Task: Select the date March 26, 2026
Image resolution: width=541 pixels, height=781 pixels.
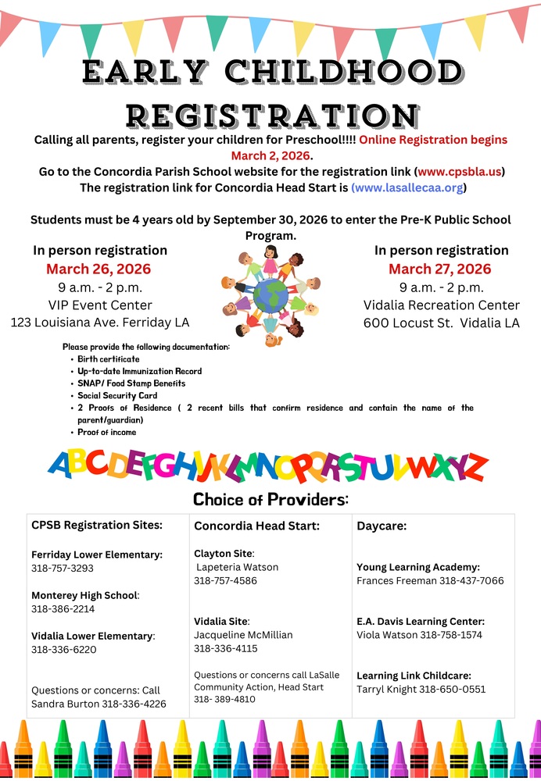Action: click(99, 269)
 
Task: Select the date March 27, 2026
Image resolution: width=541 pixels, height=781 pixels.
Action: click(440, 269)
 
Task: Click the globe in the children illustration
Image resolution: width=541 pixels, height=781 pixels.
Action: click(270, 298)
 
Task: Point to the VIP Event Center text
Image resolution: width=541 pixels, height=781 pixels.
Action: click(100, 305)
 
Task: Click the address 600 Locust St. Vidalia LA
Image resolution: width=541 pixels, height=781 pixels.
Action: click(441, 323)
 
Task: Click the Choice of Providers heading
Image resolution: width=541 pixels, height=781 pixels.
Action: click(270, 499)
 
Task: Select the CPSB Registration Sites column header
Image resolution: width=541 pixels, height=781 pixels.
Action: click(97, 526)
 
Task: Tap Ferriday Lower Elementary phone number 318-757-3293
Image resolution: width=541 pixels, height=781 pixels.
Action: click(63, 569)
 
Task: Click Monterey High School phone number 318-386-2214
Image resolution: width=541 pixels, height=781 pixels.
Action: click(63, 609)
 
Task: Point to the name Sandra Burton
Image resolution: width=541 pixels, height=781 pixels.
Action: click(65, 704)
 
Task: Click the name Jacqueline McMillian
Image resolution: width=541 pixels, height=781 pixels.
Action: click(243, 635)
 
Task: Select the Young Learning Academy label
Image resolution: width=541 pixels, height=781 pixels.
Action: click(418, 567)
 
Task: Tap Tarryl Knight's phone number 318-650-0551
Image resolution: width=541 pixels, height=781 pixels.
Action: click(453, 690)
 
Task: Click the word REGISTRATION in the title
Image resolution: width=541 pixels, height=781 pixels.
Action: click(270, 116)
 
